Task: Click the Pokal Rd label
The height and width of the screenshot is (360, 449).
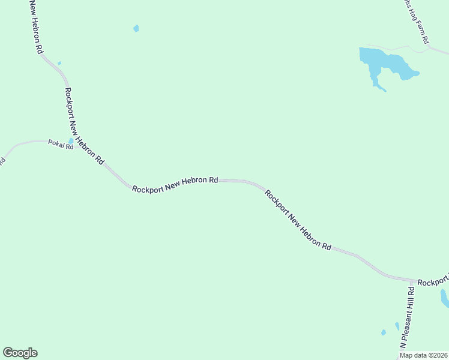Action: click(x=60, y=146)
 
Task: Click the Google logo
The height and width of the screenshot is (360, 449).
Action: click(x=20, y=353)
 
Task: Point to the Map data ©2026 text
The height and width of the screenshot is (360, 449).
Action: click(x=424, y=355)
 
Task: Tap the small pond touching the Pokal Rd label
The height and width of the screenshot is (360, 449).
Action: click(x=71, y=142)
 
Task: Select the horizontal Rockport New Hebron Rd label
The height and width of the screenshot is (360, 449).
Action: click(x=175, y=184)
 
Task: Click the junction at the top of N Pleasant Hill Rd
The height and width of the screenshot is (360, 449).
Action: click(x=414, y=281)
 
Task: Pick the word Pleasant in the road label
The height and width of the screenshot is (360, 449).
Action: click(x=408, y=318)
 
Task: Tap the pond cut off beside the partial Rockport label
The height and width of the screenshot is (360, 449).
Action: click(x=444, y=297)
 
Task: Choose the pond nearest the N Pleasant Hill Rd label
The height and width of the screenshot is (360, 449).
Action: click(x=397, y=326)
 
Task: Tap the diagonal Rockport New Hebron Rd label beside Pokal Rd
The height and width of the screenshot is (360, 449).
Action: click(x=84, y=127)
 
